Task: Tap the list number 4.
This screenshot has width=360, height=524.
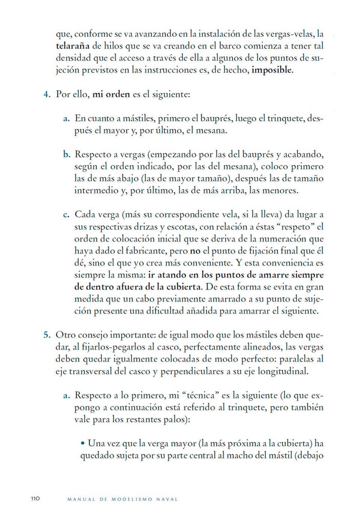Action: (x=46, y=95)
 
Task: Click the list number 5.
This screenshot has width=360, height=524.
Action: (x=46, y=335)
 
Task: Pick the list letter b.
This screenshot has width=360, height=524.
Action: (x=66, y=154)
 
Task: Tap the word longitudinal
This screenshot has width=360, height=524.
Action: (x=284, y=370)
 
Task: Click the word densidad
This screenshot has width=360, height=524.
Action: (x=75, y=57)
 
